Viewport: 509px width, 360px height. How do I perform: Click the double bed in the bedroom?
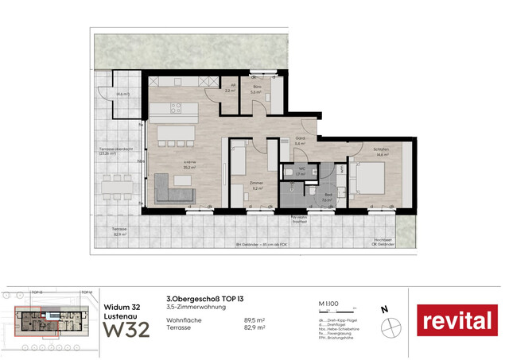[x=367, y=180]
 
